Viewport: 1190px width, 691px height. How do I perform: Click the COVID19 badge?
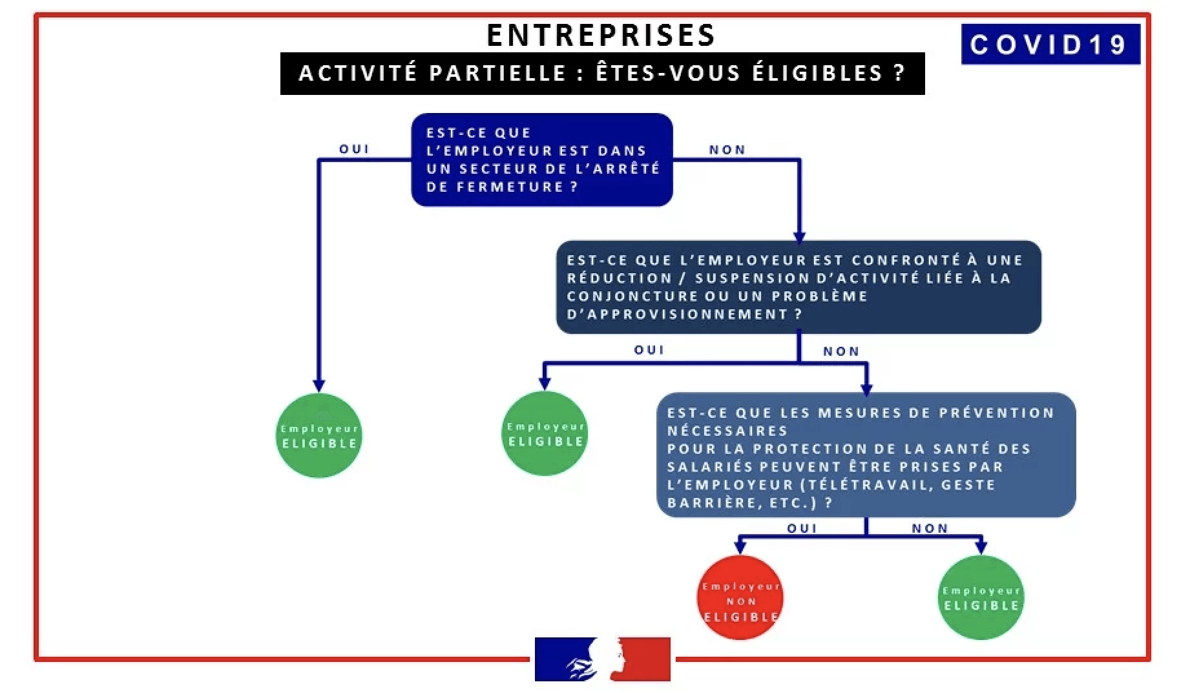pyautogui.click(x=1050, y=45)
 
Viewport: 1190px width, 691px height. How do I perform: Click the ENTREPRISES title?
pyautogui.click(x=601, y=36)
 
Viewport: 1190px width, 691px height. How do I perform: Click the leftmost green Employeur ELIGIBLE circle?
pyautogui.click(x=319, y=436)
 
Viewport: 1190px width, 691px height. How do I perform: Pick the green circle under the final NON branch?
pyautogui.click(x=981, y=598)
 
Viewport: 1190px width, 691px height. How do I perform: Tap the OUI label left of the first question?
pyautogui.click(x=354, y=149)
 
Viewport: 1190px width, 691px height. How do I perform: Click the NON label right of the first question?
pyautogui.click(x=727, y=150)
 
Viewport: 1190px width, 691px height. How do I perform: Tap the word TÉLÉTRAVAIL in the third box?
pyautogui.click(x=870, y=485)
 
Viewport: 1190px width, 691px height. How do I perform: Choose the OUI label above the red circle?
pyautogui.click(x=802, y=528)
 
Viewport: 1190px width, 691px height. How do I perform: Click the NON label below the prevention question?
pyautogui.click(x=930, y=528)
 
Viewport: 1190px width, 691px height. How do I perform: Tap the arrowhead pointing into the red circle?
pyautogui.click(x=740, y=548)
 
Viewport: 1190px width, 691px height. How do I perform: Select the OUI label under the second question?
pyautogui.click(x=649, y=350)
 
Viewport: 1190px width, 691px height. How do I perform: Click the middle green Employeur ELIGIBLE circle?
pyautogui.click(x=545, y=434)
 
